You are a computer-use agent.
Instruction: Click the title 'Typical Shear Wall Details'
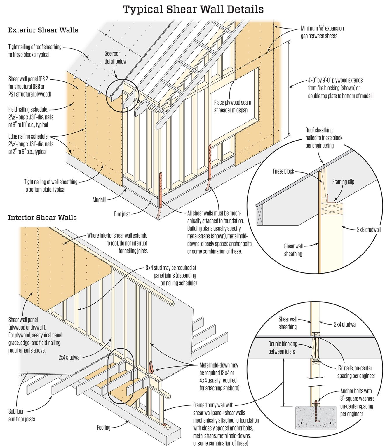coord(193,9)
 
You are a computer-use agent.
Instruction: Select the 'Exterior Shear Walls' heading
coord(43,30)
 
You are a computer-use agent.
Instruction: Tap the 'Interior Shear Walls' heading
coord(42,218)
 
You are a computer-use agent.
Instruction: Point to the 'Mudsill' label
coord(99,200)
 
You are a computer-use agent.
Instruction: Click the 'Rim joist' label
coord(122,214)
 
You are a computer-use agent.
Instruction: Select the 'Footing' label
coord(104,428)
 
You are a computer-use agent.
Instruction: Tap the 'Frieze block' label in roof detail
coord(283,171)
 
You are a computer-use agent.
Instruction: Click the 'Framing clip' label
coord(343,182)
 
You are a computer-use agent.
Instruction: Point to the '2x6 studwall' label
coord(369,230)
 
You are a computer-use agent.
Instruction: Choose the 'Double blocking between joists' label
coord(283,348)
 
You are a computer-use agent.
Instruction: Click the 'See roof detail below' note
coord(115,57)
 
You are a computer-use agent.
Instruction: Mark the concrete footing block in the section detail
coord(316,418)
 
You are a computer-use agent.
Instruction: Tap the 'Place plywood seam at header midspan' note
coord(232,106)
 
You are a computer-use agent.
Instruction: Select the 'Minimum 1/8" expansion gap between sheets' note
coord(322,32)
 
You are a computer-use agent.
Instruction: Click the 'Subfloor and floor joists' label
coord(22,415)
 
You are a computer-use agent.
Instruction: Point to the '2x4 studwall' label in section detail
coord(345,324)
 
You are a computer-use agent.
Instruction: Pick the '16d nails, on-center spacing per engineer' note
coord(356,372)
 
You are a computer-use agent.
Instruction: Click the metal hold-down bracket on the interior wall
coord(151,367)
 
